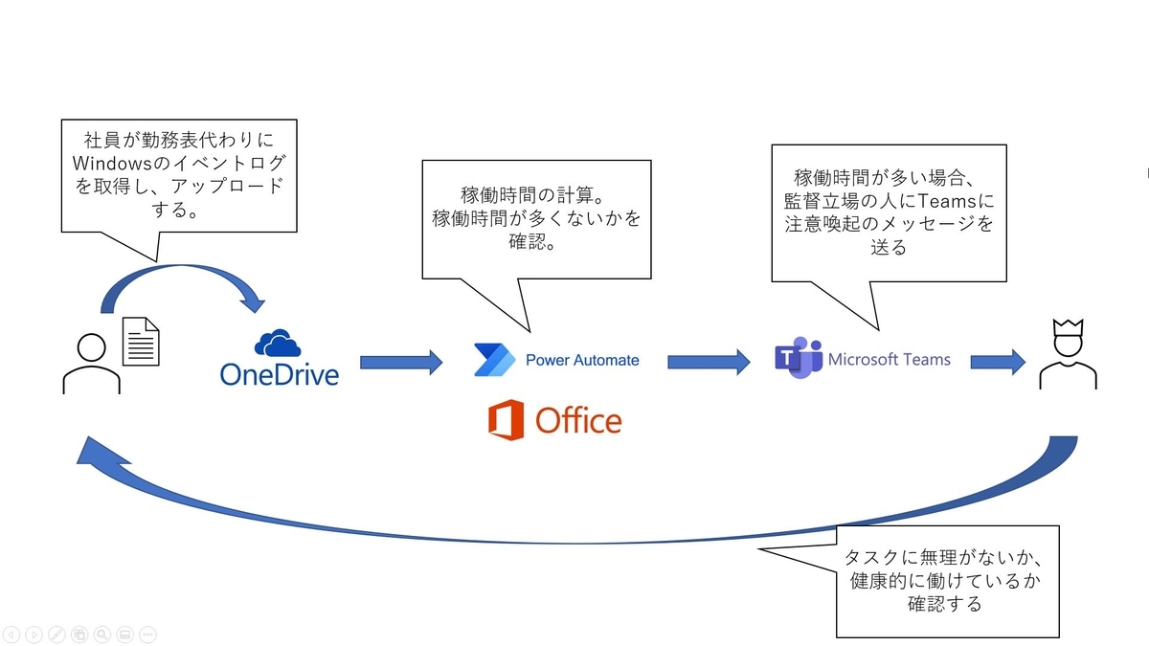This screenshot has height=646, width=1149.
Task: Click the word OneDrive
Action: point(279,374)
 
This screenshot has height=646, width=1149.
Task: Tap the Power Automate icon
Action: point(494,360)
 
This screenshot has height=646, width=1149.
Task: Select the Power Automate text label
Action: point(582,361)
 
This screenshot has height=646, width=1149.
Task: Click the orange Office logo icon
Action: point(506,420)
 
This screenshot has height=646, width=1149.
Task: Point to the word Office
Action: point(578,420)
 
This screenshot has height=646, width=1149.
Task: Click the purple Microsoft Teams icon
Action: point(799,360)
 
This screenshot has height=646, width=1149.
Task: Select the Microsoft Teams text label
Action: point(890,360)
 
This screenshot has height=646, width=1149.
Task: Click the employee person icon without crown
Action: point(91,365)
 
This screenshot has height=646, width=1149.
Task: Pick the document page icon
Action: point(141,342)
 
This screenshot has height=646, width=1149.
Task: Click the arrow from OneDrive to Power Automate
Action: point(401,362)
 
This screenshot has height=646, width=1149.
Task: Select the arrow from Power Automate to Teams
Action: point(709,362)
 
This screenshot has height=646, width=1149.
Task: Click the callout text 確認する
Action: point(945,604)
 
